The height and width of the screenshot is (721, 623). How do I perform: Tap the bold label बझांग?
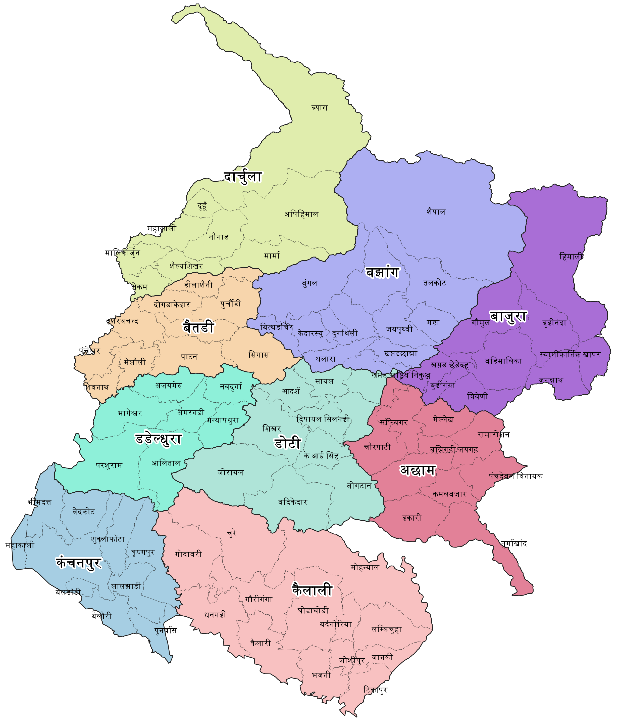[x=382, y=272]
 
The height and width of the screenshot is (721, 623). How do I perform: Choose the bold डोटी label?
[x=287, y=443]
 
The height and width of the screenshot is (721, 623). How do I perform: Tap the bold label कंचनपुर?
[x=79, y=562]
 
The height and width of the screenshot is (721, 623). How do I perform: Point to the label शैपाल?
[x=436, y=211]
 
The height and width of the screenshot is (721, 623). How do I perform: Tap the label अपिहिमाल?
[x=301, y=214]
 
